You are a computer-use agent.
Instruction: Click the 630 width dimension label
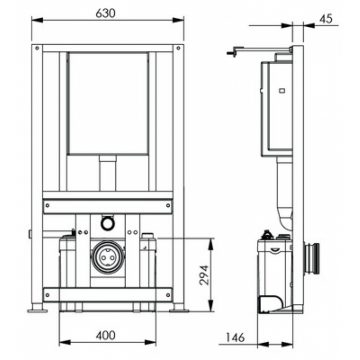point(105,13)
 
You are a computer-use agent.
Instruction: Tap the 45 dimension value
point(326,19)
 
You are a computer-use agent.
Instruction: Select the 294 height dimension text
point(204,275)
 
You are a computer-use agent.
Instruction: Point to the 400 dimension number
point(106,335)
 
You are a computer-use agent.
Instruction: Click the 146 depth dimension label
point(235,337)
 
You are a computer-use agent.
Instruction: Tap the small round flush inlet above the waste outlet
point(107,224)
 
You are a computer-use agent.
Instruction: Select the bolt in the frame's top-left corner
point(37,48)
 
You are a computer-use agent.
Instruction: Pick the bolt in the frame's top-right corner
point(178,48)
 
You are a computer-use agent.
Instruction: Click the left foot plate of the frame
point(37,311)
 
